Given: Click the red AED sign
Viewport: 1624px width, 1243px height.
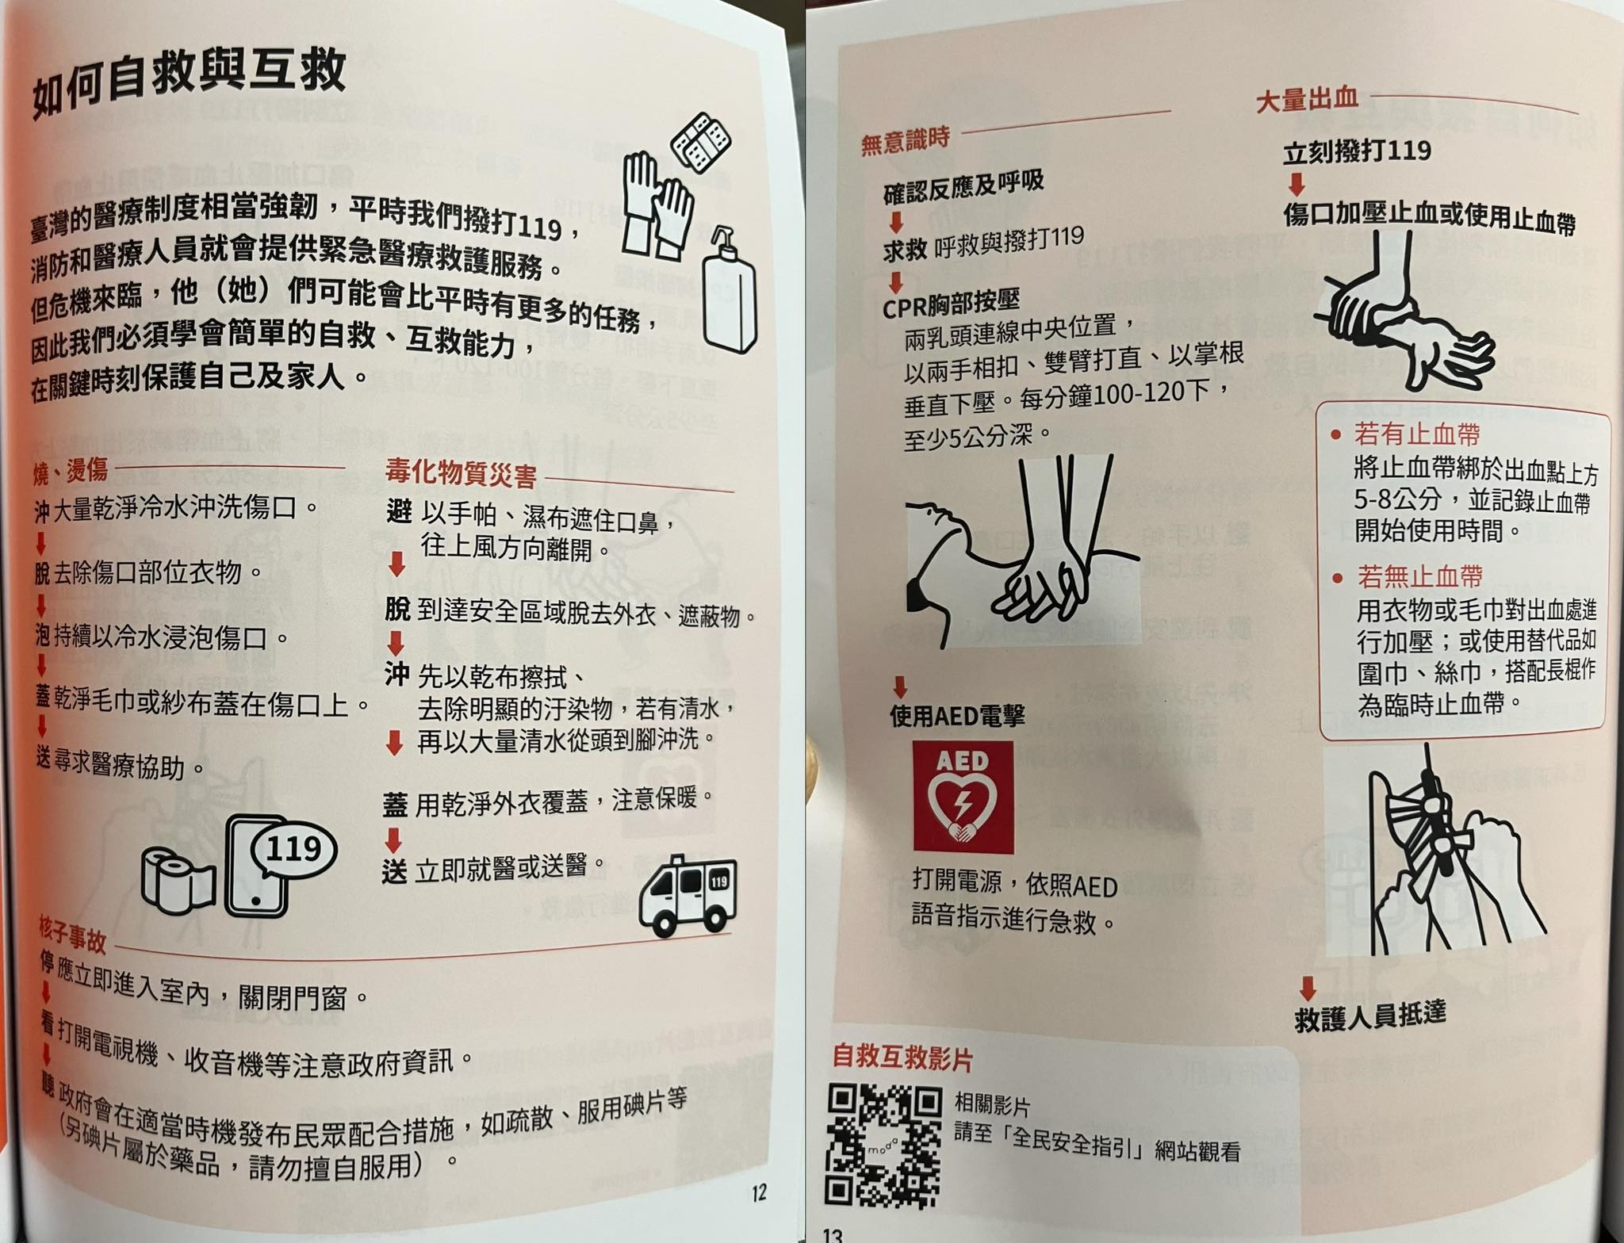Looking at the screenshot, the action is pyautogui.click(x=963, y=797).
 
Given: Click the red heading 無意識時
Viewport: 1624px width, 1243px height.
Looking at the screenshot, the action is pyautogui.click(x=906, y=141).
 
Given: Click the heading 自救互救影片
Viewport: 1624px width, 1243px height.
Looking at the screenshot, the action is pyautogui.click(x=902, y=1057).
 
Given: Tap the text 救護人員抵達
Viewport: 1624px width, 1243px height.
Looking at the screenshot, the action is pyautogui.click(x=1369, y=1015).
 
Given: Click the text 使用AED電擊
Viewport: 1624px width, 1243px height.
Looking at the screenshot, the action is pyautogui.click(x=957, y=716).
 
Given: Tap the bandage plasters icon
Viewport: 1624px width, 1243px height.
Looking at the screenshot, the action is pyautogui.click(x=702, y=143).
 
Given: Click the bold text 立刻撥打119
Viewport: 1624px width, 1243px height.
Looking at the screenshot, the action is pyautogui.click(x=1357, y=151).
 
